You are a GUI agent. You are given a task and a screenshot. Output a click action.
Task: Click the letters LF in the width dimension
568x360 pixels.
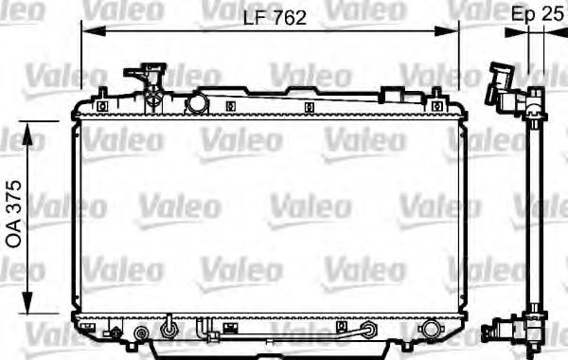pyautogui.click(x=255, y=17)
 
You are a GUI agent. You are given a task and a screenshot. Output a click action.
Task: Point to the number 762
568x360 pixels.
pyautogui.click(x=290, y=17)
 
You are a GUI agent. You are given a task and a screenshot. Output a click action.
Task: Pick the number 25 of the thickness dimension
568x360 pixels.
pyautogui.click(x=554, y=14)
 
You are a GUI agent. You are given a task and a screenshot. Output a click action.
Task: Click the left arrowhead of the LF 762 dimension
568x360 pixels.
pyautogui.click(x=93, y=31)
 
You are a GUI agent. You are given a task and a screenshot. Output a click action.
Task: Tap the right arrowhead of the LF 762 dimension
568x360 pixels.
pyautogui.click(x=447, y=31)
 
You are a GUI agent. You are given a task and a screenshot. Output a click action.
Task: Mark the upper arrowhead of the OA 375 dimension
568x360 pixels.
pyautogui.click(x=27, y=134)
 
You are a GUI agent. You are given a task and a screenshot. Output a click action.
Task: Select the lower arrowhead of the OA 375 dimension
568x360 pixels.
pyautogui.click(x=27, y=302)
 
